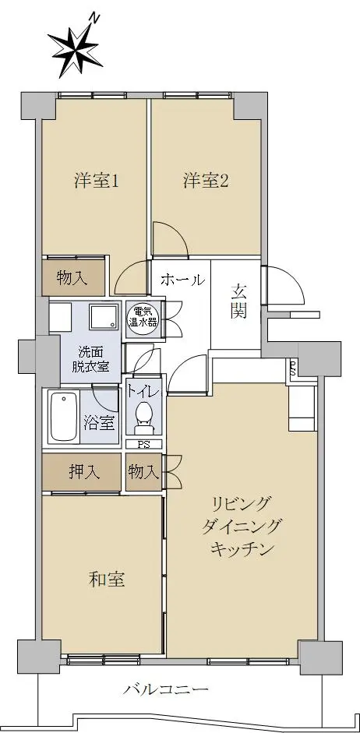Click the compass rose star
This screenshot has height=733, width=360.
(x=74, y=51)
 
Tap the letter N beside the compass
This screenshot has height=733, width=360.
(x=96, y=19)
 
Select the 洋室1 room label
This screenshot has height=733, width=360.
(x=96, y=181)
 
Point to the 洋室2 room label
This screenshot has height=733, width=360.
(x=206, y=181)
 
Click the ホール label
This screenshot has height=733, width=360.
(x=183, y=280)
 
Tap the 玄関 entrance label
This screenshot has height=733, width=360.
(x=238, y=301)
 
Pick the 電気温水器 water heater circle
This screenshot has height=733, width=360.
(x=143, y=319)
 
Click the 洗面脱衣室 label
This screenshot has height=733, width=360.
(x=90, y=359)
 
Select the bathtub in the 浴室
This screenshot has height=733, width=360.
(x=63, y=416)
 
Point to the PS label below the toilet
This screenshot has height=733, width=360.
(x=143, y=445)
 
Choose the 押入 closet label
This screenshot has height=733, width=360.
(x=85, y=472)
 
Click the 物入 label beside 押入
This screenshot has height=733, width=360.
(x=144, y=472)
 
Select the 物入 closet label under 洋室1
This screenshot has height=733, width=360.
(x=72, y=279)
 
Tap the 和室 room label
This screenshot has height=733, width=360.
(x=107, y=580)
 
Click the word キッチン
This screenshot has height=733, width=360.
(x=242, y=549)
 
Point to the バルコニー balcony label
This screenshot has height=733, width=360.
(x=166, y=689)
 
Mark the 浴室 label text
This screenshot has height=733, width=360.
(x=99, y=423)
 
